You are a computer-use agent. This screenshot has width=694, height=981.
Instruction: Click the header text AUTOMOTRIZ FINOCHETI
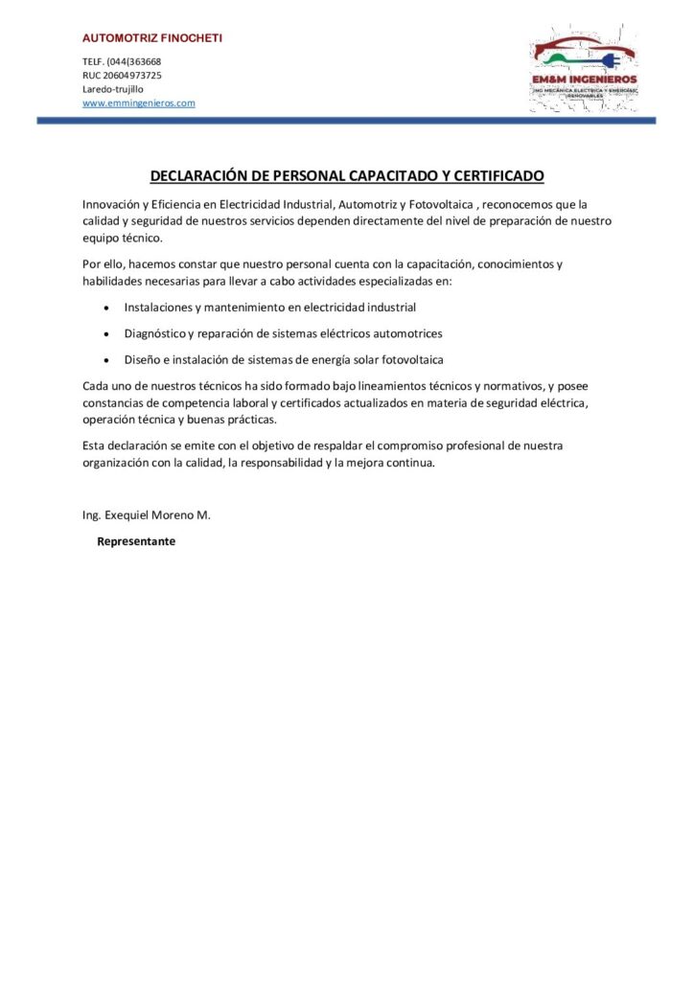152,38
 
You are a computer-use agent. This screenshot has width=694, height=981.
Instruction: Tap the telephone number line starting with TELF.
122,61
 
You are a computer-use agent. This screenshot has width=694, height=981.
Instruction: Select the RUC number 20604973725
122,75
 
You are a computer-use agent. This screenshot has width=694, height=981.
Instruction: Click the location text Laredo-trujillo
113,88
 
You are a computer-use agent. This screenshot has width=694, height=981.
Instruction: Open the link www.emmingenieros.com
139,103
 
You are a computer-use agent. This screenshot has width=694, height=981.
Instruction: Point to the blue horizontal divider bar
346,121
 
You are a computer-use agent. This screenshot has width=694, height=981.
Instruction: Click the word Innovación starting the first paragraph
111,204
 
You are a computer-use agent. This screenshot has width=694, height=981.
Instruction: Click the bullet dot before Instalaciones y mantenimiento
104,308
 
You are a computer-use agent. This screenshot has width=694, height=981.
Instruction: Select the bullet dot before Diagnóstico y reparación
104,334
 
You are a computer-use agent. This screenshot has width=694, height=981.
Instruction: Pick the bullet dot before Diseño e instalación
104,360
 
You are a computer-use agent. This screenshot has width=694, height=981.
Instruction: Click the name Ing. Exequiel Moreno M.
147,515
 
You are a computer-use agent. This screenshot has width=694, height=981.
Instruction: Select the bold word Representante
136,541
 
